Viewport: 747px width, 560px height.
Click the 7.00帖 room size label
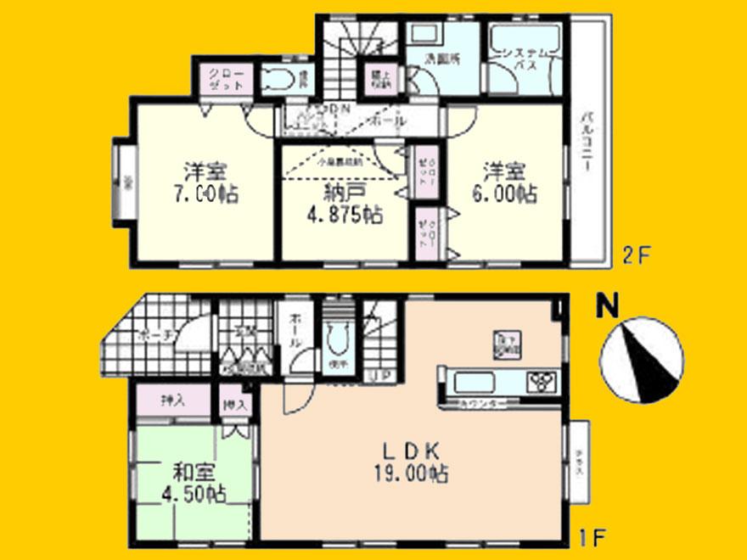pyautogui.click(x=202, y=193)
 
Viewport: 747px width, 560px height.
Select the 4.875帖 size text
pyautogui.click(x=345, y=214)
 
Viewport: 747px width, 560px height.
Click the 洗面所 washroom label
pyautogui.click(x=441, y=60)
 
